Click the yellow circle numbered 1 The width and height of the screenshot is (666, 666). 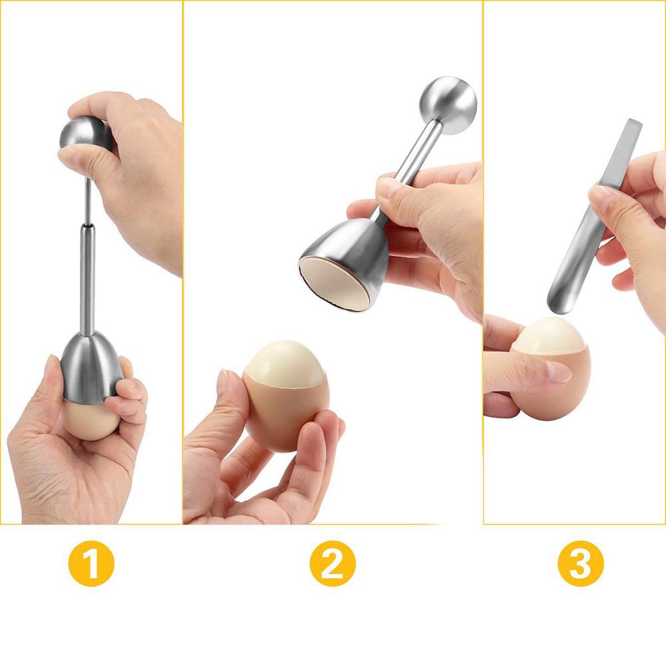(91, 564)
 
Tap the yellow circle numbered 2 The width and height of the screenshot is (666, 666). (332, 564)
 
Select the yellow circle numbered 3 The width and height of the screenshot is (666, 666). (580, 564)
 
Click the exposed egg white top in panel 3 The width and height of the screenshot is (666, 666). (548, 335)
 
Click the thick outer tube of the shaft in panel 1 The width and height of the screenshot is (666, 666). (87, 279)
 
